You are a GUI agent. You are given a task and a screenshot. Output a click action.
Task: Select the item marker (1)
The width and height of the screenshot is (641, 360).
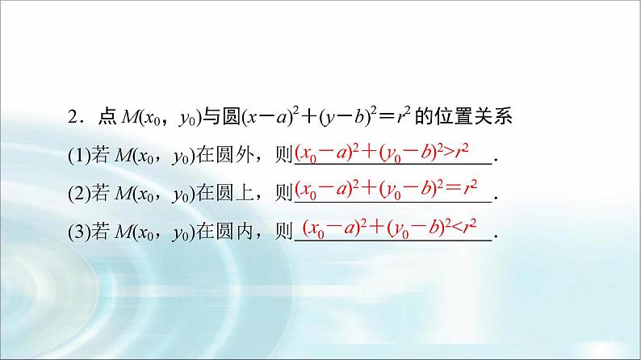click(79, 156)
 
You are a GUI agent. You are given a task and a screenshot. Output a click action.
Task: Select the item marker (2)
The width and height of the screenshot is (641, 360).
click(79, 194)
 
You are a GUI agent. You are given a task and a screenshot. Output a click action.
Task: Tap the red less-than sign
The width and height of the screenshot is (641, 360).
click(463, 228)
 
